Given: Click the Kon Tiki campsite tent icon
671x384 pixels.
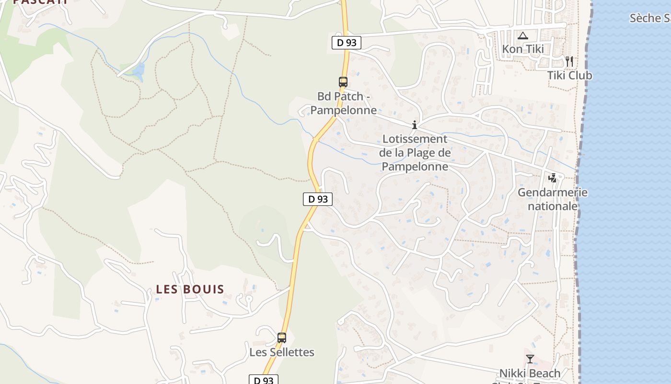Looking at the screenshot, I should click(522, 36).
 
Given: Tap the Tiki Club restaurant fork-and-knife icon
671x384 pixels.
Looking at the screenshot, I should click(569, 61).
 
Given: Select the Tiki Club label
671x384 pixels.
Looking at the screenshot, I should click(569, 75).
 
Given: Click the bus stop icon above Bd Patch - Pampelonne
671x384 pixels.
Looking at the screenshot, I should click(343, 82).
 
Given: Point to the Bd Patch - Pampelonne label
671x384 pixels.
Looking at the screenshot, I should click(343, 103).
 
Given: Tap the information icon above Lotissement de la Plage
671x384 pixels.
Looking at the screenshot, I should click(415, 125).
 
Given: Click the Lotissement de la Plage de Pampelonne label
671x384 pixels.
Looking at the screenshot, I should click(415, 153).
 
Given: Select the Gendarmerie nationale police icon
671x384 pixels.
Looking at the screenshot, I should click(553, 178).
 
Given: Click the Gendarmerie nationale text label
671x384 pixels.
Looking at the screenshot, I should click(552, 199).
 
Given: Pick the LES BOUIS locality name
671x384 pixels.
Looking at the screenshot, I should click(190, 289).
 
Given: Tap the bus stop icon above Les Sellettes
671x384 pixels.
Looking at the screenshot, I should click(282, 338).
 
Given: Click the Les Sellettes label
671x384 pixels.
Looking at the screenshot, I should click(282, 352).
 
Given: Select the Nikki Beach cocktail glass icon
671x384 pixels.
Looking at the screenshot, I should click(530, 359).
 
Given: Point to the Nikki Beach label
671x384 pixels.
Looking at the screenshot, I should click(530, 373).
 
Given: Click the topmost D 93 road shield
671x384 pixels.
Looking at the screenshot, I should click(346, 42).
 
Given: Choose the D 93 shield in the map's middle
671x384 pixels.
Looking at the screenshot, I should click(318, 199).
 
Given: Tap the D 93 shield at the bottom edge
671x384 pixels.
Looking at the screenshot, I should click(263, 380).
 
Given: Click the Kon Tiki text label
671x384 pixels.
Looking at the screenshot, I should click(522, 49).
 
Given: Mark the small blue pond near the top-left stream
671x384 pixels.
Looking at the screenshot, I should click(139, 72).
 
